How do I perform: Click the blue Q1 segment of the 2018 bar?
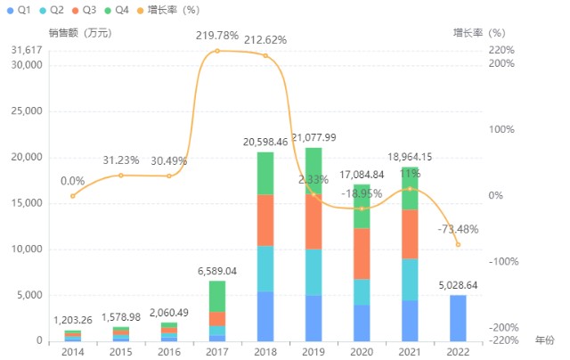coord(265,316)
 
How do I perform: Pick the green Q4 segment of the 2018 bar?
coord(265,173)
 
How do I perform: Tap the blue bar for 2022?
coord(458,317)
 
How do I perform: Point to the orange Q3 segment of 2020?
coord(362,253)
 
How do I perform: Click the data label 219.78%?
coord(217,36)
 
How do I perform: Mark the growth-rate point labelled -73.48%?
coord(458,244)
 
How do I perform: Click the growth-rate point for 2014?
coord(73,196)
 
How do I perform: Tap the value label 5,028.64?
coord(458,285)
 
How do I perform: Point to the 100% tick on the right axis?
coord(501,129)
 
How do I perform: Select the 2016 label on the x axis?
coord(169,352)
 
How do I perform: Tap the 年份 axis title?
coord(544,340)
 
